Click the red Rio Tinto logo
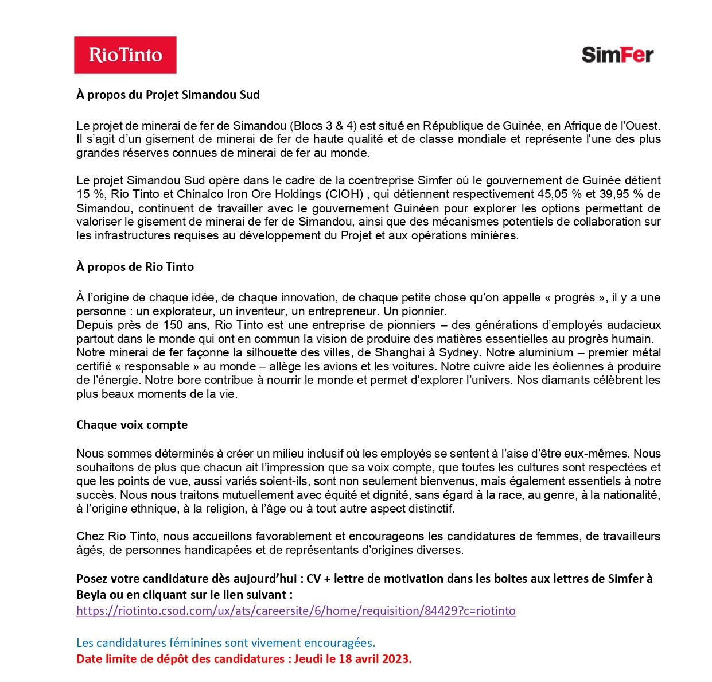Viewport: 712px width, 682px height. pos(125,55)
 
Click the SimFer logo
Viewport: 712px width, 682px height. pos(617,55)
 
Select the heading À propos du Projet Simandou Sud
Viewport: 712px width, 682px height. pos(168,95)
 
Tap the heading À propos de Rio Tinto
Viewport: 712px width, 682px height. pos(135,267)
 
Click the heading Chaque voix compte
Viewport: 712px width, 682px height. pos(132,425)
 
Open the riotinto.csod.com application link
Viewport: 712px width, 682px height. pos(296,611)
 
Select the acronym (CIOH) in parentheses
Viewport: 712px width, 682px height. pos(346,194)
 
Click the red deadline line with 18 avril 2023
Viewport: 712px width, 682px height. pos(244,659)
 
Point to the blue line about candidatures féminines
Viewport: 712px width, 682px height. pos(225,643)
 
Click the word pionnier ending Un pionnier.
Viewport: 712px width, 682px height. pos(425,311)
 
